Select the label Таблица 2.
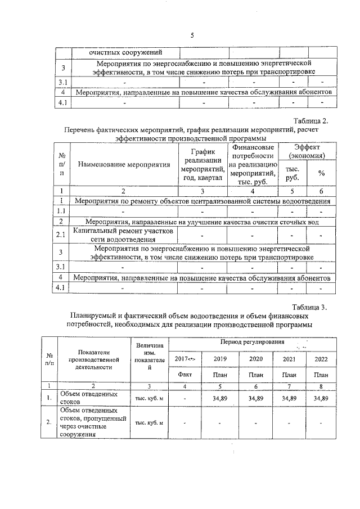click(316, 120)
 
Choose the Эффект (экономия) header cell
click(306, 151)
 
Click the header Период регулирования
click(260, 343)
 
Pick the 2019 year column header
click(220, 358)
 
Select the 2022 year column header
click(321, 358)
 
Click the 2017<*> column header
click(184, 358)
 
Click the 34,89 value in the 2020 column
click(256, 398)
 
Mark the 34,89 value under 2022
click(321, 398)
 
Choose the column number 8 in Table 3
click(321, 386)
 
